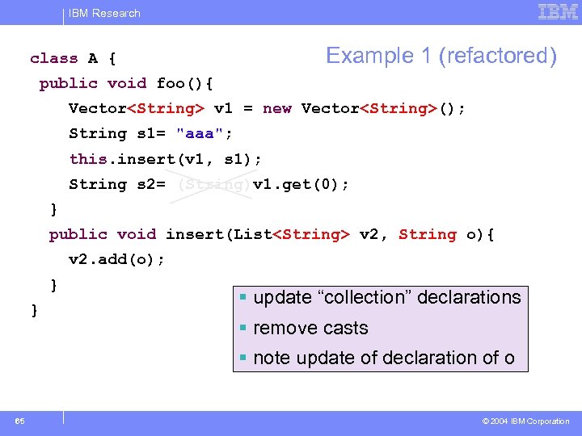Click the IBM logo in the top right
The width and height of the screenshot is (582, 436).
558,12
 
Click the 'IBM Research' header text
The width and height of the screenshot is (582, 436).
104,13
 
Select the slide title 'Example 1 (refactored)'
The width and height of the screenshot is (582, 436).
441,56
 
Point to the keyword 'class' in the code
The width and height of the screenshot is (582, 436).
54,58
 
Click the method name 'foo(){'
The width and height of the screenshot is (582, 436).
184,83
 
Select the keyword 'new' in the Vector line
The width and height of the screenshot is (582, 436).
277,108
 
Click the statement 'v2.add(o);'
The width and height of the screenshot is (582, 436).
116,259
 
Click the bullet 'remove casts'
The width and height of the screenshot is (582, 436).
310,328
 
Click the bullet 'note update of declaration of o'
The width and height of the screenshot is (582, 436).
384,357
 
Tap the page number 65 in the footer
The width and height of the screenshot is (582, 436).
19,421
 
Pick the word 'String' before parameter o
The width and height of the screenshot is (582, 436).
428,234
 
